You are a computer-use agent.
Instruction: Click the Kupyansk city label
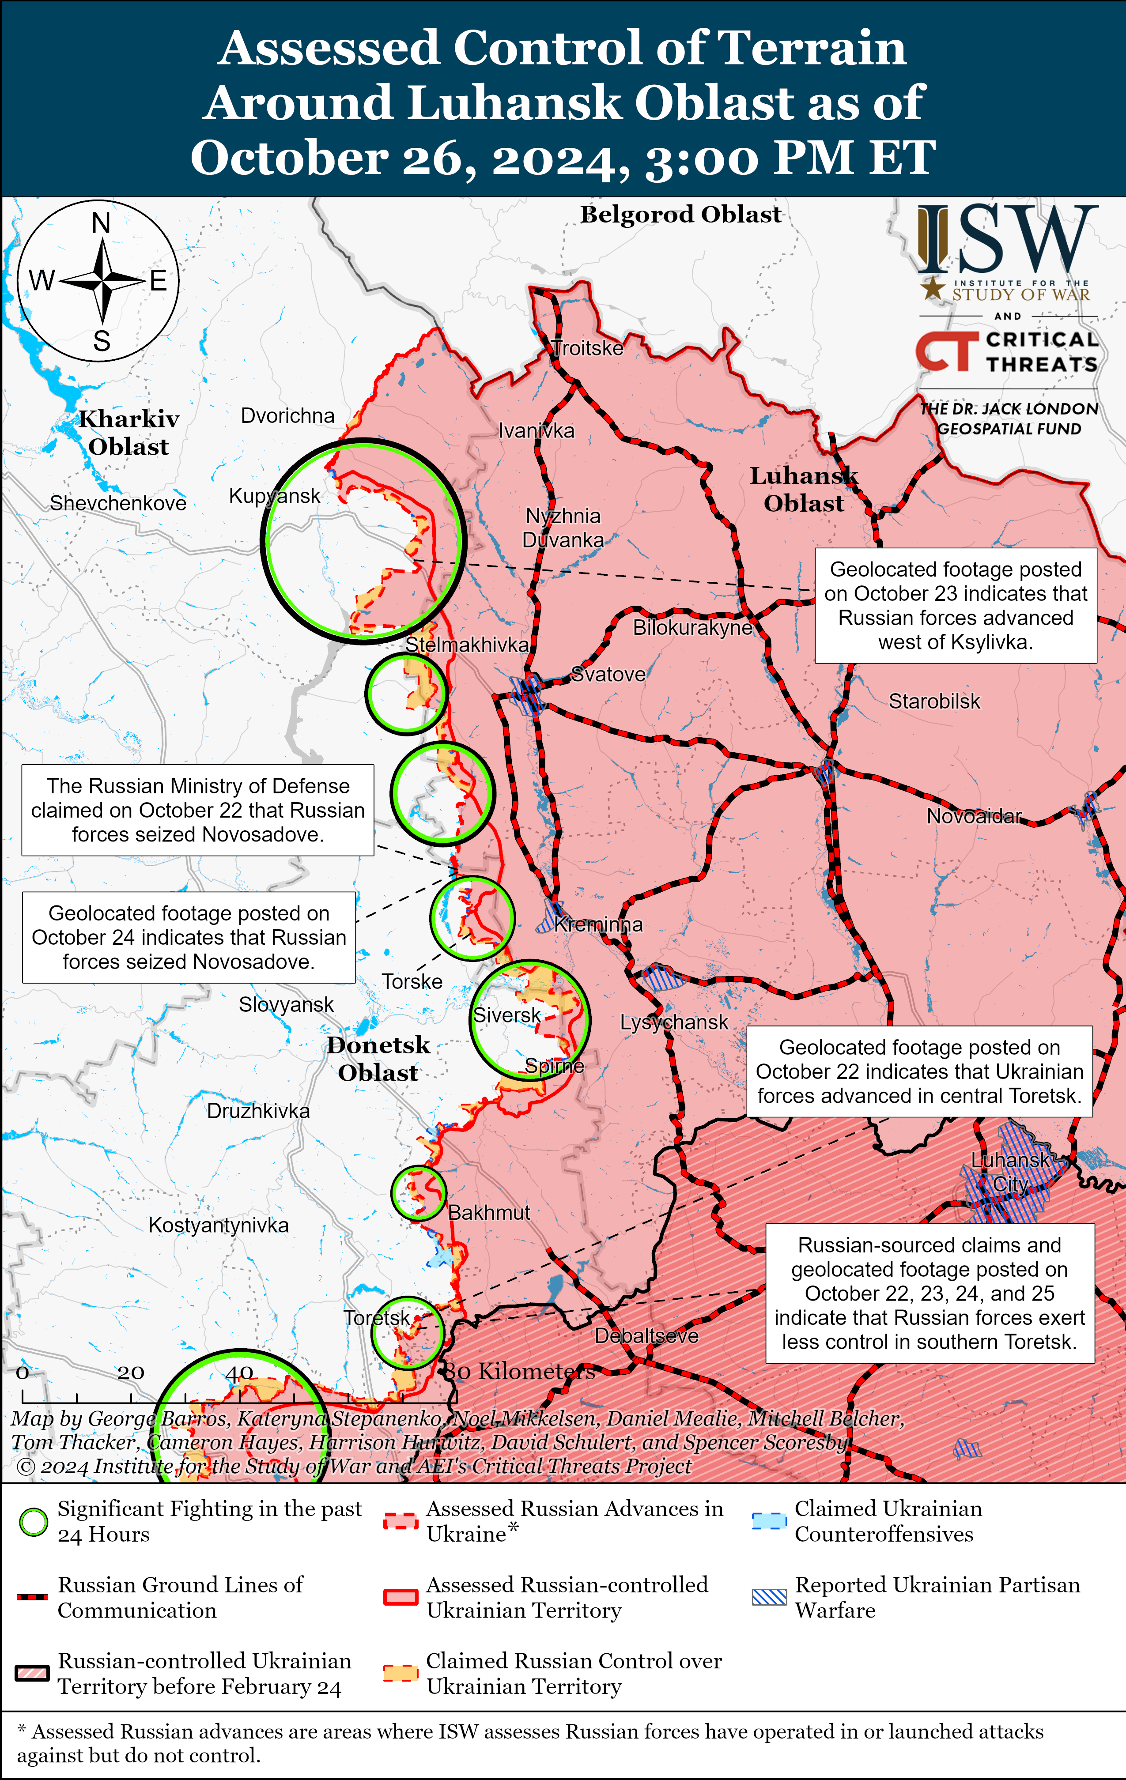[x=274, y=496]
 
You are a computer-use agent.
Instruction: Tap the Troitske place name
[x=588, y=348]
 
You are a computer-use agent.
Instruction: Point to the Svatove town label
[x=608, y=674]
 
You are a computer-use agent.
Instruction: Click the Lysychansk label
[x=673, y=1022]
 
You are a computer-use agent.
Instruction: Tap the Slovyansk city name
[x=286, y=1005]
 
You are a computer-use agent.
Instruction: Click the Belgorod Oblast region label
[x=680, y=215]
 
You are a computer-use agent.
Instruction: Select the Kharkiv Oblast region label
[x=128, y=433]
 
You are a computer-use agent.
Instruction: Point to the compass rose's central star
[x=103, y=281]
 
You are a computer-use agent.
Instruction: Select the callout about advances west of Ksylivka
[x=955, y=605]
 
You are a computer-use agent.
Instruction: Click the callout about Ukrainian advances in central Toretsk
[x=919, y=1071]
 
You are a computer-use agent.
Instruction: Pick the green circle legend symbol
[x=33, y=1521]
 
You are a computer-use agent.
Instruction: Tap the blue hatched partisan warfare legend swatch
[x=769, y=1597]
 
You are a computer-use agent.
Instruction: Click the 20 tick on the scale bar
[x=131, y=1373]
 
